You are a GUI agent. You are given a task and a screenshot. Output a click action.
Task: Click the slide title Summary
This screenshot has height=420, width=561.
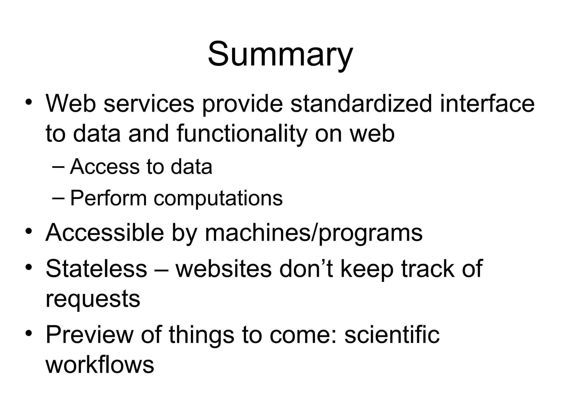click(x=280, y=55)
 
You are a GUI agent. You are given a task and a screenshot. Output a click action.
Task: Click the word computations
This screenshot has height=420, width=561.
click(x=218, y=198)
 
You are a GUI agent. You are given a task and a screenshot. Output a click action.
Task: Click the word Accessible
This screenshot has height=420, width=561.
click(x=104, y=233)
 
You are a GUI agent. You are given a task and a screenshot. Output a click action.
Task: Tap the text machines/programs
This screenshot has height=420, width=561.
click(x=314, y=233)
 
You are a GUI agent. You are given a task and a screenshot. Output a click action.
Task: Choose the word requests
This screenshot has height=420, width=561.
click(x=93, y=299)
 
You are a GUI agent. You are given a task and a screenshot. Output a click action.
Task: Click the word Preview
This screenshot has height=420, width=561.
click(x=89, y=335)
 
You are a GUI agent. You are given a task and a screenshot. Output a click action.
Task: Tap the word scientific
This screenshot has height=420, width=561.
click(x=392, y=335)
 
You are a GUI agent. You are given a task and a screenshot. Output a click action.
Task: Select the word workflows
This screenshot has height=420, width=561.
click(x=100, y=365)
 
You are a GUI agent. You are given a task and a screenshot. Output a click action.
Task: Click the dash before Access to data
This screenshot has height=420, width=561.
click(x=58, y=167)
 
